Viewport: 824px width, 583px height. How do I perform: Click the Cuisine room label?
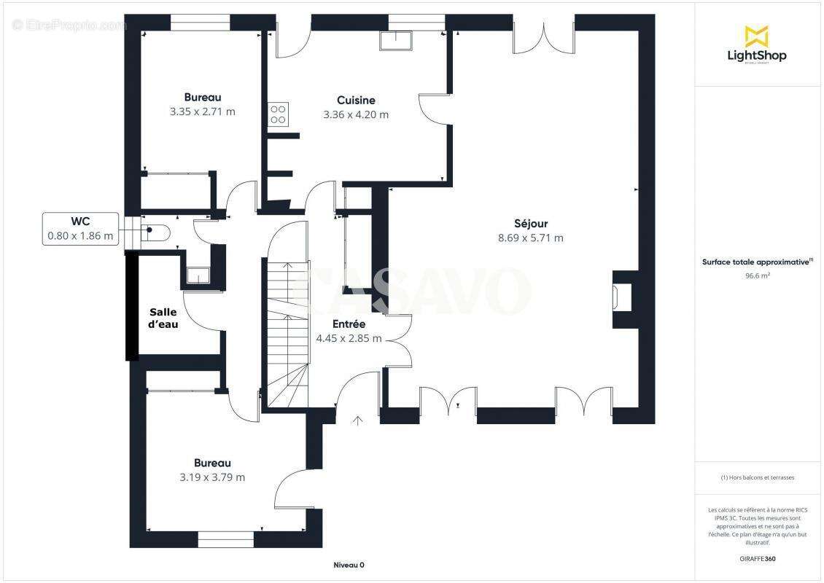(356, 100)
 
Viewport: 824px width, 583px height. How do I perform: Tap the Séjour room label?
(531, 223)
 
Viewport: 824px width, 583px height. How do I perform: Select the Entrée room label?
(349, 324)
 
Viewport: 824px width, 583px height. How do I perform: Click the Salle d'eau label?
(163, 318)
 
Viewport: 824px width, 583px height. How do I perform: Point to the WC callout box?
(80, 229)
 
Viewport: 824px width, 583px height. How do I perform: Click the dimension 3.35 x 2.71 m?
(202, 111)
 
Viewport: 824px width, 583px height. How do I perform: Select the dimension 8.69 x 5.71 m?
(531, 238)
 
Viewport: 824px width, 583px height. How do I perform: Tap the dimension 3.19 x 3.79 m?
(212, 477)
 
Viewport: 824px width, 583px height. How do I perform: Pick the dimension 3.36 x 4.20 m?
(356, 114)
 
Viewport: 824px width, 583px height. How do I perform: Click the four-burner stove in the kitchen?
(278, 114)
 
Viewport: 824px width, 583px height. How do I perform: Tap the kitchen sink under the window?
(396, 40)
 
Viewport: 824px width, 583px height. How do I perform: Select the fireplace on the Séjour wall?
(623, 298)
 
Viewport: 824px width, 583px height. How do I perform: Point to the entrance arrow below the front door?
(358, 420)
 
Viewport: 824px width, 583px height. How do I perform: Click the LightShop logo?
(757, 45)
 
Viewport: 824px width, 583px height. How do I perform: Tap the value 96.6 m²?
(757, 275)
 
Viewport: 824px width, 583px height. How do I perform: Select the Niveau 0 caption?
(349, 565)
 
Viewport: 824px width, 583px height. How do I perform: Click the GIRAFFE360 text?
(757, 559)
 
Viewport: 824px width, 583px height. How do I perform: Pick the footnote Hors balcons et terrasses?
(757, 477)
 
